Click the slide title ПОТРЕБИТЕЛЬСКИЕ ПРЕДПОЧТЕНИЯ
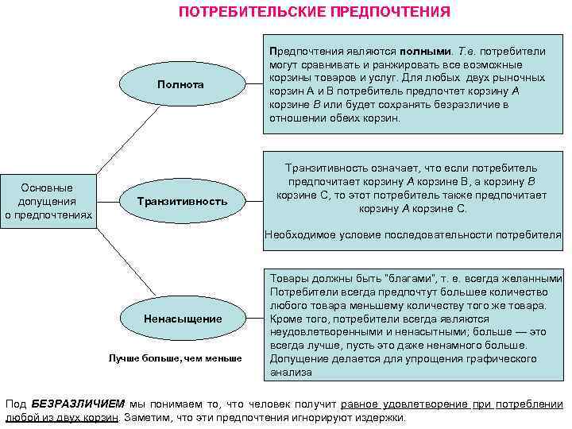(314, 12)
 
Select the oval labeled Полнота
(180, 84)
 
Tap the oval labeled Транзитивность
(181, 201)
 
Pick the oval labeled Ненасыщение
(183, 319)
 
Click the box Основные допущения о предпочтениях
(48, 201)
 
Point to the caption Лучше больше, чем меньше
(175, 358)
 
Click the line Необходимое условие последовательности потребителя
(413, 235)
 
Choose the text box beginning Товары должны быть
(415, 324)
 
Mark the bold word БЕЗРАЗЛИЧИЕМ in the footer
(72, 404)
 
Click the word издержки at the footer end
(382, 417)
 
